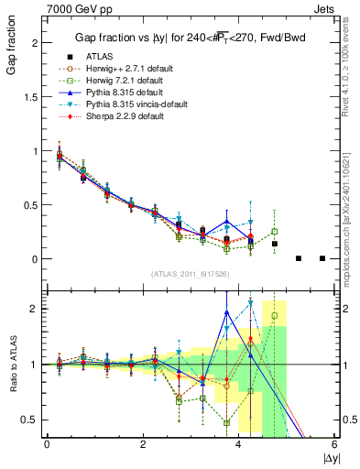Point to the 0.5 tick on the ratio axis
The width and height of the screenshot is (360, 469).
click(35, 420)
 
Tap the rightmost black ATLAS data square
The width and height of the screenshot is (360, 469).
click(322, 258)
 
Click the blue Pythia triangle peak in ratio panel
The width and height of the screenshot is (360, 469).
click(227, 312)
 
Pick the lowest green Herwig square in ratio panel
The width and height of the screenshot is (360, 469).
click(227, 423)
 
